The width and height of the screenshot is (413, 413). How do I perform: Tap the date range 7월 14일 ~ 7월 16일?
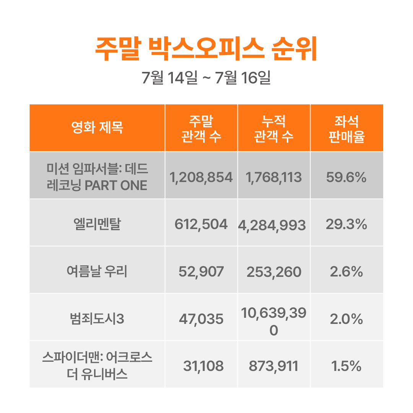pyautogui.click(x=206, y=78)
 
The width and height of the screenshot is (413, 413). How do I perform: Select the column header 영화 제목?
pyautogui.click(x=97, y=128)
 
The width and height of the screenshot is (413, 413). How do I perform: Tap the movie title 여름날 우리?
pyautogui.click(x=97, y=272)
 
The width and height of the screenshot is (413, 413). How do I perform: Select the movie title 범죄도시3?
pyautogui.click(x=97, y=319)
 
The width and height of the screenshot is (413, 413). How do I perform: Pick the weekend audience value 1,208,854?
pyautogui.click(x=201, y=177)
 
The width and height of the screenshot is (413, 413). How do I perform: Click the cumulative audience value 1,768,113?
pyautogui.click(x=274, y=177)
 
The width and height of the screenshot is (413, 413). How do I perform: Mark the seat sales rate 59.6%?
pyautogui.click(x=346, y=177)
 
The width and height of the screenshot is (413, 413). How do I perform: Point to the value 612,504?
pyautogui.click(x=201, y=224)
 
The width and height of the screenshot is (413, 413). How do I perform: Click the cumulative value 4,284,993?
pyautogui.click(x=272, y=225)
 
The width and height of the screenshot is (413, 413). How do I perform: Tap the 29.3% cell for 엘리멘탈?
pyautogui.click(x=346, y=224)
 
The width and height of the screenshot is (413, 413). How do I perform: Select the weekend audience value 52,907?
pyautogui.click(x=201, y=272)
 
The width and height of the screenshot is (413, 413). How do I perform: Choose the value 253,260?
pyautogui.click(x=274, y=272)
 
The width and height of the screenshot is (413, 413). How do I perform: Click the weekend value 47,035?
pyautogui.click(x=201, y=319)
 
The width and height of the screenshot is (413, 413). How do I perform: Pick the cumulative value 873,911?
pyautogui.click(x=274, y=367)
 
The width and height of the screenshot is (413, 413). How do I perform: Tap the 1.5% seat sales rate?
pyautogui.click(x=346, y=367)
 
